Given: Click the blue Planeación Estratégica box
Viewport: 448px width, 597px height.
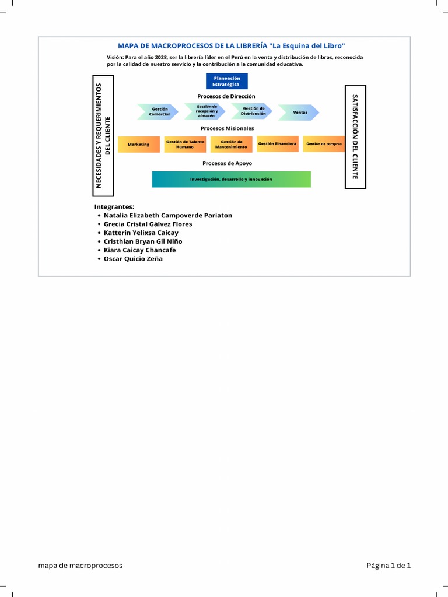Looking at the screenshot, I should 226,82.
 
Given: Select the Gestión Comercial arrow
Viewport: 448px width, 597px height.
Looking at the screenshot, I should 159,112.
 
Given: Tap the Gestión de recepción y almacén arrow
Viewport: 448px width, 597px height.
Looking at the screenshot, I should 206,111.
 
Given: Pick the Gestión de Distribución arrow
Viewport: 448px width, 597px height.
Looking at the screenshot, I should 253,111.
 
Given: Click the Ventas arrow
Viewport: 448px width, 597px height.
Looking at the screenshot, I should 299,112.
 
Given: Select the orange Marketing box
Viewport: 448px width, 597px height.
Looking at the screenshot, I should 139,144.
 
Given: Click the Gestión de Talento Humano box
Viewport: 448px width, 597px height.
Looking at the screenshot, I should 185,144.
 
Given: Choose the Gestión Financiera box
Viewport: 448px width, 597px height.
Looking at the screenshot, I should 277,143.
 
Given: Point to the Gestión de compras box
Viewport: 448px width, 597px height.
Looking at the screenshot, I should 324,144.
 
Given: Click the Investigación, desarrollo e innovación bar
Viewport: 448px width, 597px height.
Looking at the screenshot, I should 231,180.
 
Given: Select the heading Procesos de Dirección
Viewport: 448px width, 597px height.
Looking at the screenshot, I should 226,96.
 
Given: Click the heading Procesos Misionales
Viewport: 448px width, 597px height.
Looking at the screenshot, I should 228,128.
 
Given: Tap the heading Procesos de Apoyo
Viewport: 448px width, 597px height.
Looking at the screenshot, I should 228,163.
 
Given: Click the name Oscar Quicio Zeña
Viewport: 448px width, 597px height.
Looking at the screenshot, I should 133,259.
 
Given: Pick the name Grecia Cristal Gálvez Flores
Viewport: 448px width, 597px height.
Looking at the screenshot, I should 148,224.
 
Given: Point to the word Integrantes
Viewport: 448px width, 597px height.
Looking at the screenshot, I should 114,206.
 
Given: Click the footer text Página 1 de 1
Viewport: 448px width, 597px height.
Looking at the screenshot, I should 388,566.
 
